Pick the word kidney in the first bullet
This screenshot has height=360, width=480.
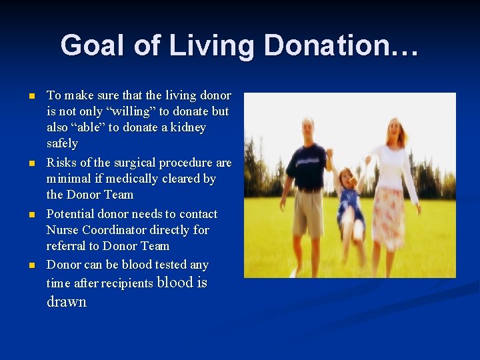tap(188, 127)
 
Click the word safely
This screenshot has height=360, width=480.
tap(62, 143)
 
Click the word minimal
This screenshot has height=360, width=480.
tap(69, 179)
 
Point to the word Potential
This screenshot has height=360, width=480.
tap(70, 214)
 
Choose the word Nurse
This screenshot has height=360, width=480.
tap(61, 230)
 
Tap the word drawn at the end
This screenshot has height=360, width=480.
tap(67, 302)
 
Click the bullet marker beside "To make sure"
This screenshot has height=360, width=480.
tap(31, 96)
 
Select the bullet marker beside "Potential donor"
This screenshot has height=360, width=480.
tap(31, 215)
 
